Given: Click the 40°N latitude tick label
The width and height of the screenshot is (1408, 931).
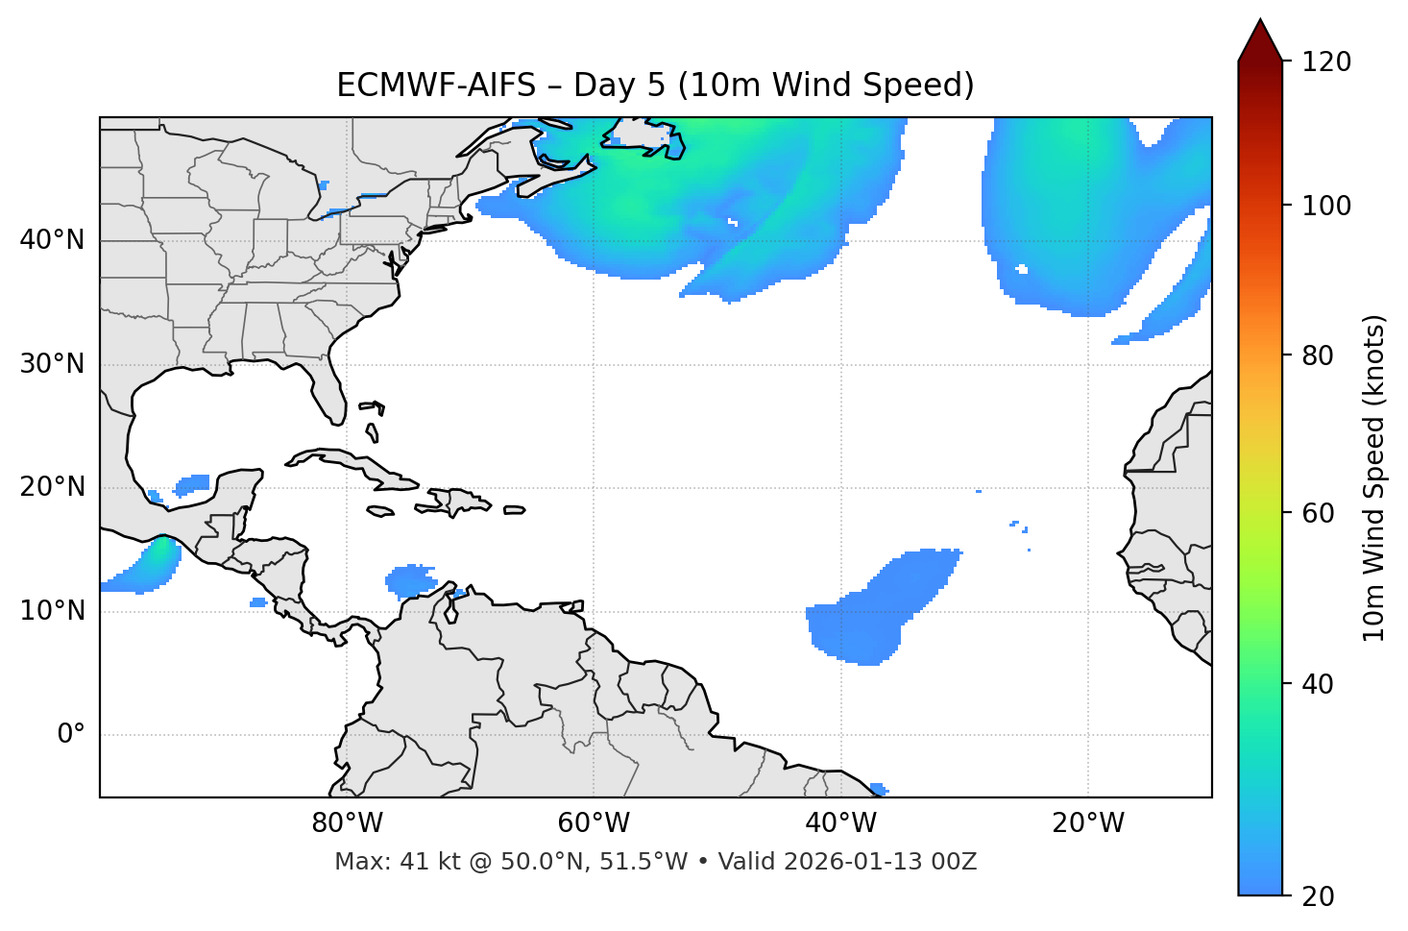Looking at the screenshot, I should point(52,240).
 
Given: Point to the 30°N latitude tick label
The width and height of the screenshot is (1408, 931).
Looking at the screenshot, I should point(52,364).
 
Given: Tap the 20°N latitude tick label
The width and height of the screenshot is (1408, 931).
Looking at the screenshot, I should point(52,487).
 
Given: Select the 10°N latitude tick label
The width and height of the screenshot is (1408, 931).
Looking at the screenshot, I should point(52,611).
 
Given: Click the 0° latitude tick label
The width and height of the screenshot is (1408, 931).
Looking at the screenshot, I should point(71,735).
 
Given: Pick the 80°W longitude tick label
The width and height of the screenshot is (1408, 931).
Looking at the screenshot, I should point(347,823).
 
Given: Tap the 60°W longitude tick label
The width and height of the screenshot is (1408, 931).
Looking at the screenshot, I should point(594,823).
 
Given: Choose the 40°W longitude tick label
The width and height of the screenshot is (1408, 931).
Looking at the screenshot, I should point(840,823).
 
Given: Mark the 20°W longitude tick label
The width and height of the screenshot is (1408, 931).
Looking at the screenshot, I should point(1088,823).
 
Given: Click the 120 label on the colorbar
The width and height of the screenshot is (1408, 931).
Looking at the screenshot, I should point(1325,62).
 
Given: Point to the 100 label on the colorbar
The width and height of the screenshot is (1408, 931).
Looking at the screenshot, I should point(1325,206).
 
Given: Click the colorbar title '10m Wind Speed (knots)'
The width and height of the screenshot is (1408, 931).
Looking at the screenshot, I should point(1374,478).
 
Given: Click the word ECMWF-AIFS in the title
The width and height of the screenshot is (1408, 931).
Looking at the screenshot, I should point(436,86).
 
